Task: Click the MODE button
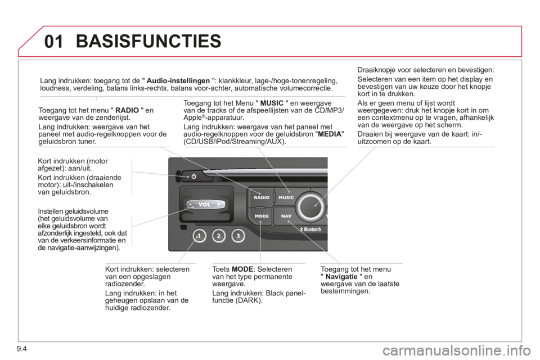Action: tap(262, 215)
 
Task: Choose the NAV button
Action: tap(286, 215)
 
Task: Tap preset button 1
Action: tap(199, 236)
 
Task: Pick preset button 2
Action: tap(218, 236)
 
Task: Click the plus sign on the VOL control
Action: tap(219, 205)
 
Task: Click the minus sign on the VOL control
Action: tap(191, 205)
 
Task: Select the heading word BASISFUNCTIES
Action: tap(148, 40)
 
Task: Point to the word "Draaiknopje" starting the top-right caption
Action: tap(375, 70)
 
